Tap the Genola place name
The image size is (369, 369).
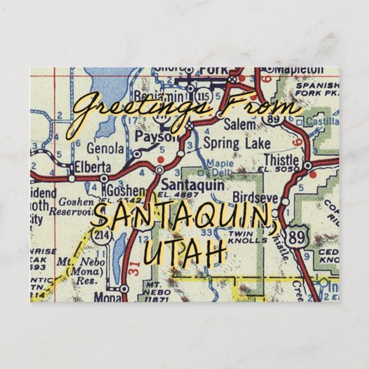(105, 148)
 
